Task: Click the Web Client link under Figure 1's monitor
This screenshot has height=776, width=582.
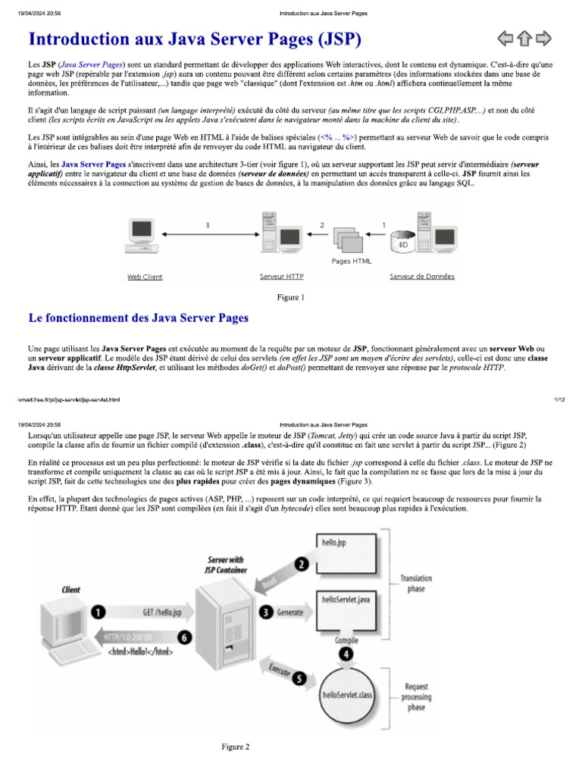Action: pyautogui.click(x=145, y=277)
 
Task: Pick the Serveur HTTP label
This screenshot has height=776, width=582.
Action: pyautogui.click(x=281, y=277)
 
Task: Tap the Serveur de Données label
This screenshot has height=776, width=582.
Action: pyautogui.click(x=422, y=277)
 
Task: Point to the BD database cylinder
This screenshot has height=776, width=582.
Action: pyautogui.click(x=402, y=242)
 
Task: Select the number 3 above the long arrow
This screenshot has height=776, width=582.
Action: pyautogui.click(x=208, y=225)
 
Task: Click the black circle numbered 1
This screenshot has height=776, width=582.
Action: pyautogui.click(x=98, y=612)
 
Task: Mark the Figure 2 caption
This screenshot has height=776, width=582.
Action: pyautogui.click(x=235, y=747)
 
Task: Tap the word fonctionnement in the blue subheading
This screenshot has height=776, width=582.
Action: pyautogui.click(x=94, y=318)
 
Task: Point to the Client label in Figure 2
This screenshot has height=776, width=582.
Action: pyautogui.click(x=70, y=590)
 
